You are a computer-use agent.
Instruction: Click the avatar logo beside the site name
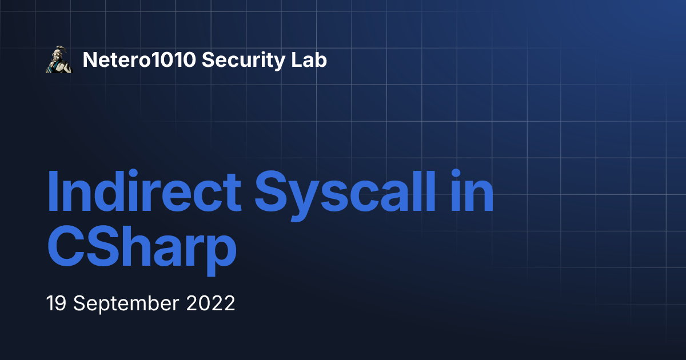point(59,60)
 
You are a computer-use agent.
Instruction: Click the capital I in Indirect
point(53,191)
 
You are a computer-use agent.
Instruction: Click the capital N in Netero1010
point(89,60)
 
